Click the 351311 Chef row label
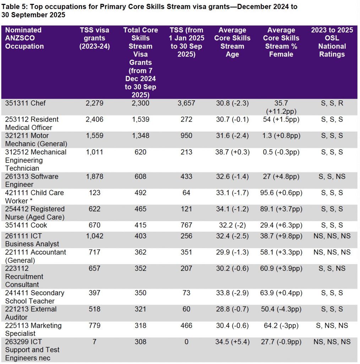point(25,103)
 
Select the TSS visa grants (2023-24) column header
point(94,38)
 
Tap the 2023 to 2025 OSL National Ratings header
point(332,42)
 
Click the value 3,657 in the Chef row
point(186,103)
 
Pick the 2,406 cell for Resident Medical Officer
point(94,119)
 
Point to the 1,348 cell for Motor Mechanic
point(141,135)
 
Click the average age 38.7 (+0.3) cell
point(232,152)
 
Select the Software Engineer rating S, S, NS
point(332,176)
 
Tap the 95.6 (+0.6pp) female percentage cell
point(281,193)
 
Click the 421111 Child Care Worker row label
point(34,197)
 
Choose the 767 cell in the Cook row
point(186,225)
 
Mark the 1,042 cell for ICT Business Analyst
point(94,236)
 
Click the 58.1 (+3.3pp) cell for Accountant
point(281,252)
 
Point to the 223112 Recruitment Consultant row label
point(24,277)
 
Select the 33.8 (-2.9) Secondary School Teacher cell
point(232,293)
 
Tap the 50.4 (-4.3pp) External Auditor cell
point(281,309)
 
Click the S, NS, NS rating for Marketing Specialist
point(332,326)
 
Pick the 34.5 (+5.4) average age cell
point(232,342)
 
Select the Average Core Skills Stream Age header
point(232,42)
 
